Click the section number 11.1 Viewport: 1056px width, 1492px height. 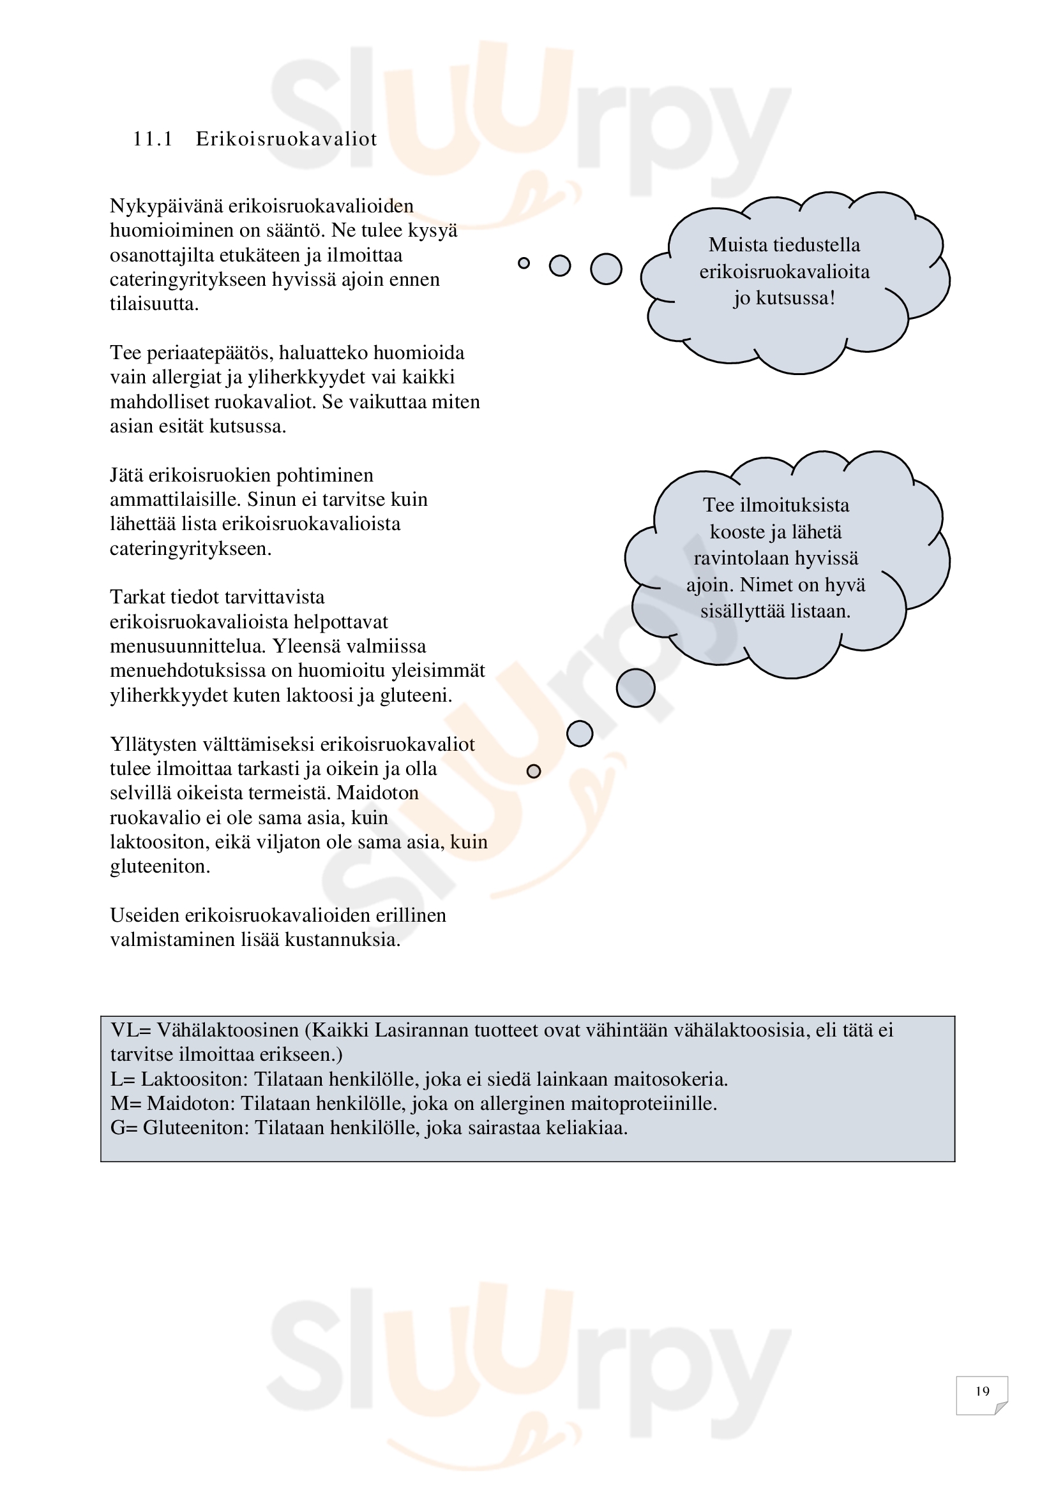(x=152, y=139)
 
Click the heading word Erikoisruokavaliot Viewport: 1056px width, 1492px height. (x=286, y=139)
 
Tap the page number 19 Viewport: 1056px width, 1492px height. (x=982, y=1391)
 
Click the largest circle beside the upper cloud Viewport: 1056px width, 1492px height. (x=606, y=269)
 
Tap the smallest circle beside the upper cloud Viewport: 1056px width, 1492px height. (x=524, y=263)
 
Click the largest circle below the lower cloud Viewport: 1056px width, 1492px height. (x=635, y=688)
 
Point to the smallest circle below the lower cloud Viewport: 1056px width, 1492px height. (x=534, y=771)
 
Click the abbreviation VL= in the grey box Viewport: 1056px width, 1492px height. (x=131, y=1030)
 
